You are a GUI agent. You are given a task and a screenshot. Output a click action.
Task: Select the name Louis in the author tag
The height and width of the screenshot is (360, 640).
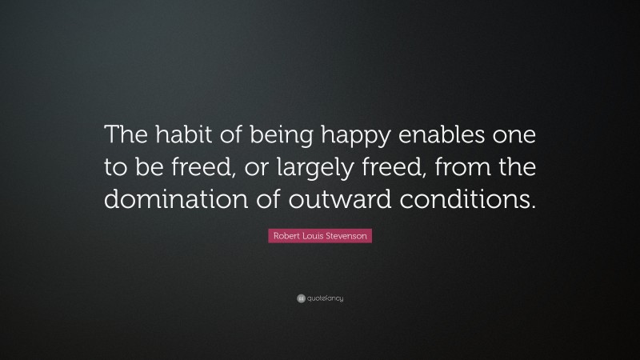[314, 237]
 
